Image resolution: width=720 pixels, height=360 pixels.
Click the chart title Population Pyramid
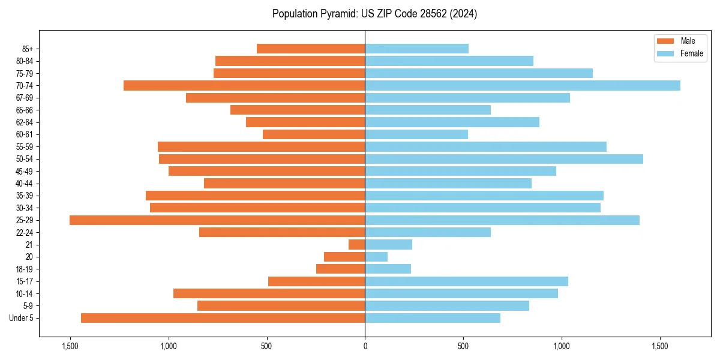click(374, 14)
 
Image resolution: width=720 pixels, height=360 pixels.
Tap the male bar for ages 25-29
click(217, 220)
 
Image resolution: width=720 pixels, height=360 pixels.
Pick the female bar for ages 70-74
click(523, 86)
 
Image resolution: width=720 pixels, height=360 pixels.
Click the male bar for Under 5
click(223, 318)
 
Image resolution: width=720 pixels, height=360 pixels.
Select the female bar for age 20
click(376, 257)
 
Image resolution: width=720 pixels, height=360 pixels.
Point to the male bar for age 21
click(357, 245)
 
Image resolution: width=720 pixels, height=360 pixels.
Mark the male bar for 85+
click(311, 49)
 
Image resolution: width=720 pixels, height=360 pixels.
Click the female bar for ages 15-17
click(466, 281)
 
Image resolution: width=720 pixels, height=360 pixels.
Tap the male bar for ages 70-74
click(244, 86)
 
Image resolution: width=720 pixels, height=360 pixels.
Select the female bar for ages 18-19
click(388, 269)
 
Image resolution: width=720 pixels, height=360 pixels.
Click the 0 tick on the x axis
click(365, 347)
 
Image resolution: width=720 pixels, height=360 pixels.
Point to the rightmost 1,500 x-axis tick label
click(659, 347)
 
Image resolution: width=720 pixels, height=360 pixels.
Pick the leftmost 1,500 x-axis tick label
click(70, 347)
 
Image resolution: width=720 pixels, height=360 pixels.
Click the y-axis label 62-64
click(25, 122)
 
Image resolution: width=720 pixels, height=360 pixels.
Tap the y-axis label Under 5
click(22, 318)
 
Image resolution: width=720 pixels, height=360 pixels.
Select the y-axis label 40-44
click(25, 184)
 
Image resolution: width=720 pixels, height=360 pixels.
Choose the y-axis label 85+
click(28, 49)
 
